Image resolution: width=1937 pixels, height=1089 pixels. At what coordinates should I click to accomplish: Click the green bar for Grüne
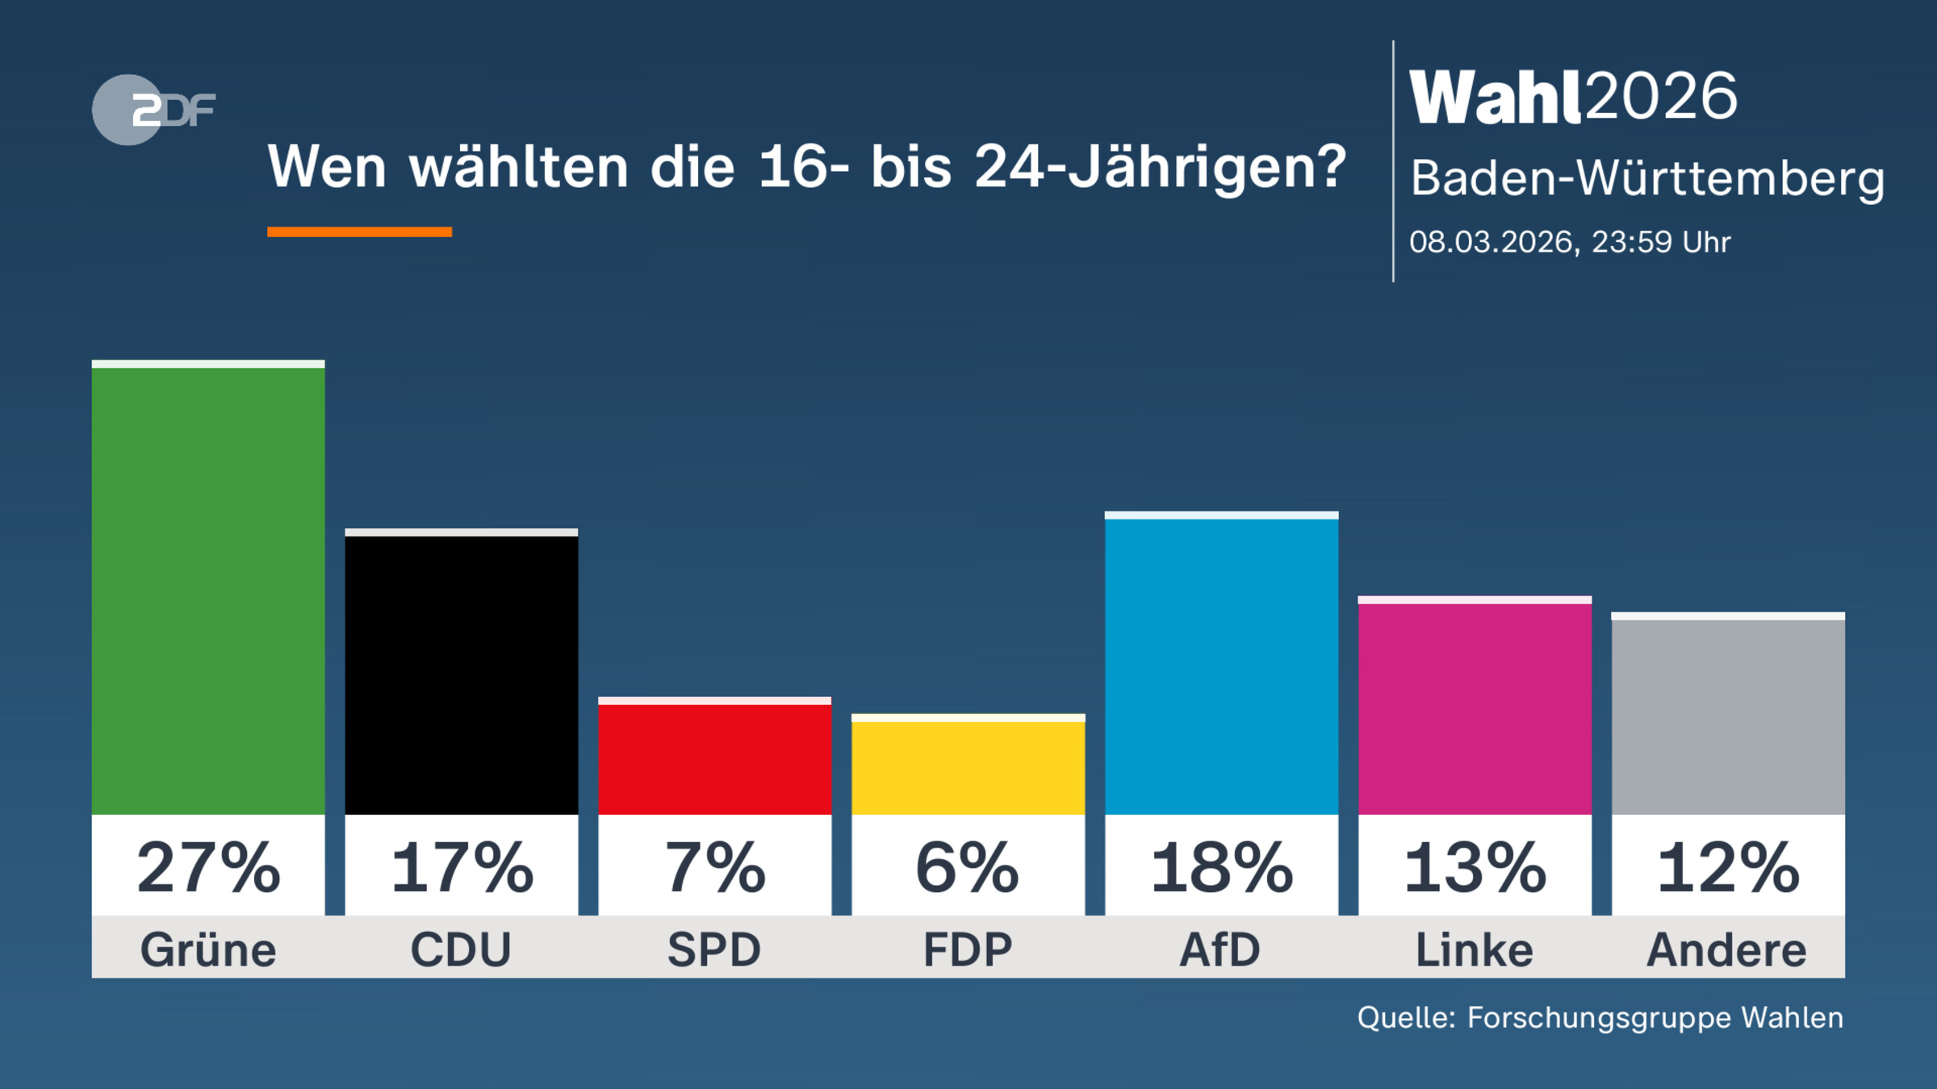click(208, 589)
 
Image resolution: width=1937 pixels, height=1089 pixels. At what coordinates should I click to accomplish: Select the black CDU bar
click(461, 674)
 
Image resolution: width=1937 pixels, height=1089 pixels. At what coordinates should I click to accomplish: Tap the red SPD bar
click(714, 758)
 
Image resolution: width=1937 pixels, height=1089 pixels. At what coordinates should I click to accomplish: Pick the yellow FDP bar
click(968, 766)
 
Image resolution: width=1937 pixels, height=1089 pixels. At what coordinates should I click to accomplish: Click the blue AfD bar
click(1221, 665)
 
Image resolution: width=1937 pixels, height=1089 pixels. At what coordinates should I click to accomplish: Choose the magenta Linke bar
click(1475, 707)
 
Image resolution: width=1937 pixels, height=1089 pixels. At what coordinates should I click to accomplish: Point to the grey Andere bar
click(1728, 716)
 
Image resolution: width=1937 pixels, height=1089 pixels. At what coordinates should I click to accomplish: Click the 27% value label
click(208, 868)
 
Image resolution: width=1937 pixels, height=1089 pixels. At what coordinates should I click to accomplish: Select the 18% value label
click(1221, 868)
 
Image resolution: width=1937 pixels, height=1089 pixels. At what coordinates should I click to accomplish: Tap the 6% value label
click(968, 868)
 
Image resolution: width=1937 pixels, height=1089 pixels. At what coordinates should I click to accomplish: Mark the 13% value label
click(1475, 868)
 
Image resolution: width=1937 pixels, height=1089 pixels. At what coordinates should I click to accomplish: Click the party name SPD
click(714, 949)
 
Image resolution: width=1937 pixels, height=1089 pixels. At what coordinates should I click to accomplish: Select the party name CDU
click(461, 949)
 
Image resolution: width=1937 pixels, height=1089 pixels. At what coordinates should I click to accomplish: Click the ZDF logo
click(153, 110)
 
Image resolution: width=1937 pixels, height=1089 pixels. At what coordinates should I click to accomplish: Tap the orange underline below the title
click(359, 232)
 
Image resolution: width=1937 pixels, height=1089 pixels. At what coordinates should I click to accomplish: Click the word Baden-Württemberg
click(1646, 178)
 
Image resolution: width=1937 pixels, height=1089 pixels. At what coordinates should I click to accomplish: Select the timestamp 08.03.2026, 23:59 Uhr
click(1570, 242)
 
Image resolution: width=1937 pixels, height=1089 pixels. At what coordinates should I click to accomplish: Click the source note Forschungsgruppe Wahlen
click(1600, 1018)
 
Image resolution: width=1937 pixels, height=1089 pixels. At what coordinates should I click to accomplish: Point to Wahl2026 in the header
click(1572, 97)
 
